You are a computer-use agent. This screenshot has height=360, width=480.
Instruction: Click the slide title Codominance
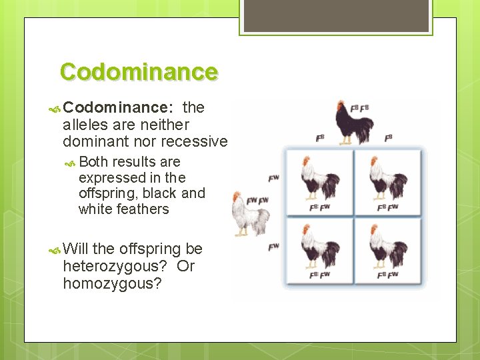pyautogui.click(x=139, y=71)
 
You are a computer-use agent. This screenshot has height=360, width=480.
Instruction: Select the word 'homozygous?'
pyautogui.click(x=113, y=283)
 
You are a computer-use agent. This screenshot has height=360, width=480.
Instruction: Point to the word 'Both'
pyautogui.click(x=93, y=162)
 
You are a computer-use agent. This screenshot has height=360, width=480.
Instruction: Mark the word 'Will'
pyautogui.click(x=76, y=249)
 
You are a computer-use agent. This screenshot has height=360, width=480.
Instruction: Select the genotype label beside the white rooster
pyautogui.click(x=257, y=201)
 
